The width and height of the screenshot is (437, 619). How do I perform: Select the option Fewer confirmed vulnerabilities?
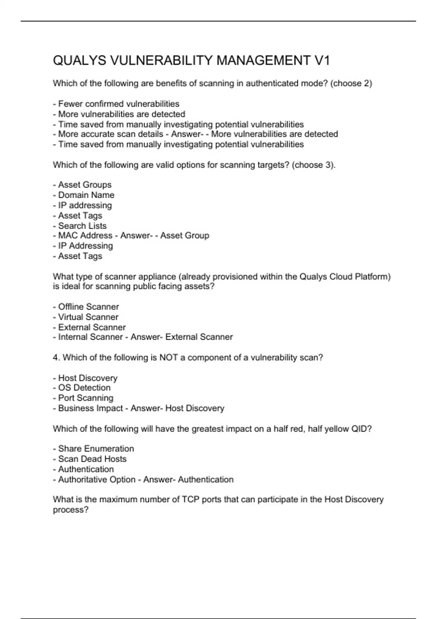tap(119, 104)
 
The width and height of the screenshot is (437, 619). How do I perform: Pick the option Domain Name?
tap(86, 195)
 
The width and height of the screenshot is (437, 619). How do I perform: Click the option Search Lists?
tap(82, 226)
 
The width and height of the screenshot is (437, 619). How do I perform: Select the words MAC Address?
tap(85, 236)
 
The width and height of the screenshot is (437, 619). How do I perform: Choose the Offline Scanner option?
tap(88, 307)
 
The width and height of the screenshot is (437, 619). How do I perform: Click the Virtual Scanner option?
tap(88, 317)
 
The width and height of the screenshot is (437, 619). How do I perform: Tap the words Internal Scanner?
tap(90, 337)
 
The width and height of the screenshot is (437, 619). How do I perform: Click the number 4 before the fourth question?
tap(56, 358)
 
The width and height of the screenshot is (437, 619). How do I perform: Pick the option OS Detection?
tap(84, 388)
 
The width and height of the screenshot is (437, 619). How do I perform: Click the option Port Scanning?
tap(86, 398)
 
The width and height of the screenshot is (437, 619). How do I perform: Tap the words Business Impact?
tap(90, 408)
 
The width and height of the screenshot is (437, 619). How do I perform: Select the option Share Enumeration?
tap(96, 449)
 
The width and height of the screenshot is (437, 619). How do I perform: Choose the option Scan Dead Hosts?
tap(92, 459)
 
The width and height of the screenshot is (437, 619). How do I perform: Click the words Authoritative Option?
tap(97, 480)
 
